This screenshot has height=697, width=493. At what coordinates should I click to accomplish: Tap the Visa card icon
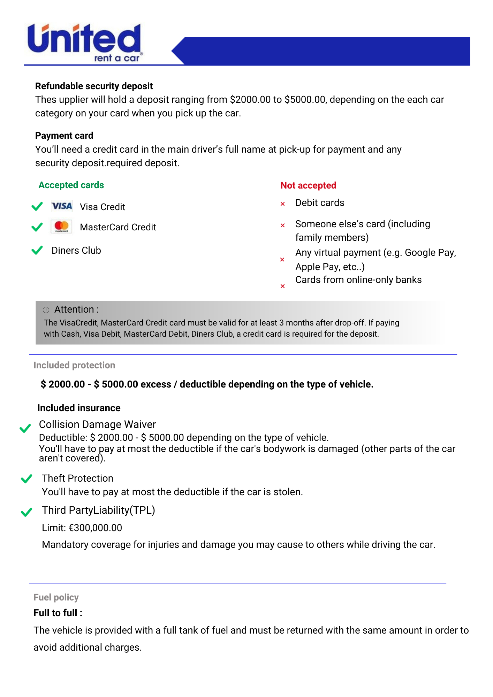[x=62, y=206]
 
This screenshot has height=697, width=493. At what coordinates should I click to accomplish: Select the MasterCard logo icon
[x=62, y=227]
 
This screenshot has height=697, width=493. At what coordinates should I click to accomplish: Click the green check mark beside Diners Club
[x=37, y=250]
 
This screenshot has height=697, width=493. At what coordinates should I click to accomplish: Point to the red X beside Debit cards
[x=283, y=204]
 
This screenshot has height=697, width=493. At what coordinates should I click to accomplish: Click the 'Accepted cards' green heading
[x=71, y=185]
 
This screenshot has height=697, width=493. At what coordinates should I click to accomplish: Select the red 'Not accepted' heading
[x=308, y=185]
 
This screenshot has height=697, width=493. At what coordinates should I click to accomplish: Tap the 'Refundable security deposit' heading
[x=94, y=86]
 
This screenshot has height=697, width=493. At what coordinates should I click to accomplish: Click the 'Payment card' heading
[x=64, y=136]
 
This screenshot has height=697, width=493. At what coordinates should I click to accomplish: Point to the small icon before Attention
[x=46, y=310]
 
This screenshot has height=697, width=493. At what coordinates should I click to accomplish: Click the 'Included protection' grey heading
[x=74, y=365]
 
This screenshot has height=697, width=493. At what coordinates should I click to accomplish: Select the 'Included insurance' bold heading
[x=79, y=408]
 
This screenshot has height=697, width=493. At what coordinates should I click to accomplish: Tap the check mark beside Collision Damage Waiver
[x=25, y=428]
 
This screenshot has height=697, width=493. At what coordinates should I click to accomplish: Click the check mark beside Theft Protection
[x=26, y=479]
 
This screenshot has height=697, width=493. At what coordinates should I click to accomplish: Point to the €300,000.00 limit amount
[x=95, y=528]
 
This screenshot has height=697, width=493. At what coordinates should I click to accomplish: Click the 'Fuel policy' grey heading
[x=56, y=597]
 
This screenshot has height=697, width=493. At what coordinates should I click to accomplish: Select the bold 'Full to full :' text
[x=58, y=613]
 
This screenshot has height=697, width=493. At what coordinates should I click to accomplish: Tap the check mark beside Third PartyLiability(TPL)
[x=26, y=512]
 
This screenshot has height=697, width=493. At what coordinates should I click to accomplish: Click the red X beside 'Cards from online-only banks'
[x=283, y=286]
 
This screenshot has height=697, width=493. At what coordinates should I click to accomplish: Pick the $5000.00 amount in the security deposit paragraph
[x=305, y=100]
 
